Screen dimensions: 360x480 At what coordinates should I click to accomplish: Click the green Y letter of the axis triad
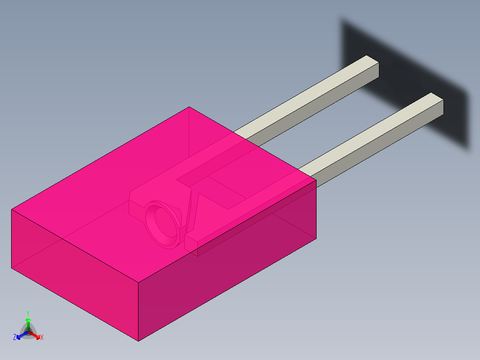pyautogui.click(x=28, y=313)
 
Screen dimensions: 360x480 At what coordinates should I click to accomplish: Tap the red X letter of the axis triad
pyautogui.click(x=42, y=338)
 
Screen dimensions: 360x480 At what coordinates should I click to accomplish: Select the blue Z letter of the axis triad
pyautogui.click(x=15, y=338)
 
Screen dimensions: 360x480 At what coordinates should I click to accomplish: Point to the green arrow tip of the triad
pyautogui.click(x=28, y=320)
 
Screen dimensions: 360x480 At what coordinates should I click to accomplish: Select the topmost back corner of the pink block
pyautogui.click(x=189, y=107)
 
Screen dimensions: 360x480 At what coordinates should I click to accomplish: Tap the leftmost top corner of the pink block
pyautogui.click(x=12, y=209)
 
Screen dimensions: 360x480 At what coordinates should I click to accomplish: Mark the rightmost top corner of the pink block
pyautogui.click(x=316, y=180)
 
